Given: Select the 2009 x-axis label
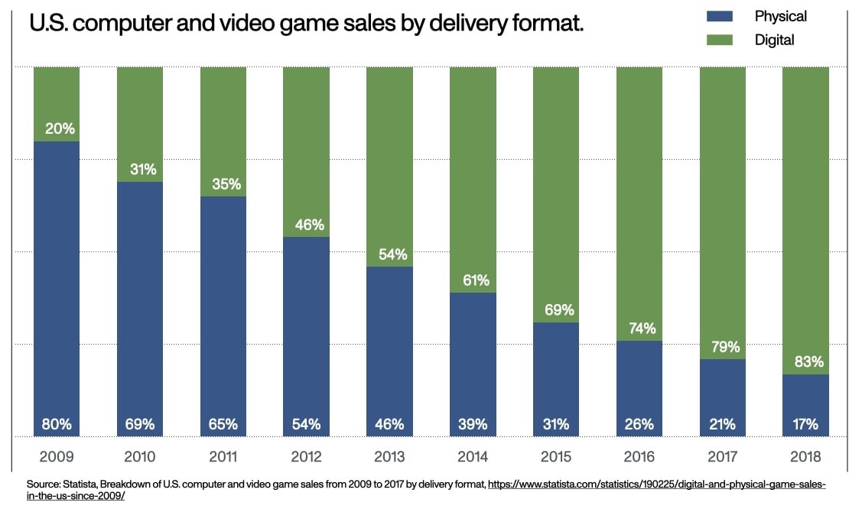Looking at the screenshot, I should (x=57, y=457).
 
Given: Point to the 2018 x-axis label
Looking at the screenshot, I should (x=805, y=457).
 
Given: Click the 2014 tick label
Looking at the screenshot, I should (x=473, y=457).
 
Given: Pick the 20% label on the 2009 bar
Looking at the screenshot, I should (x=57, y=128).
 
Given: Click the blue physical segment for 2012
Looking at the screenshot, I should (x=306, y=329).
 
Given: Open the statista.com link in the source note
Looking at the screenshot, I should (x=650, y=484).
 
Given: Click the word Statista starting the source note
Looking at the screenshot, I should (x=81, y=484).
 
